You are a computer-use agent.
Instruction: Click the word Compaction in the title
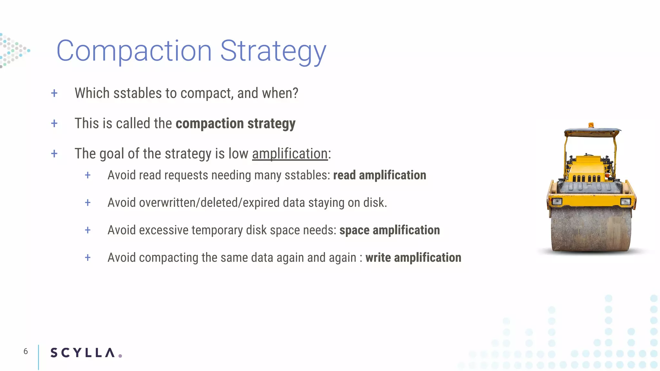134,51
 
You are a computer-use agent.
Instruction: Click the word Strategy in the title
273,52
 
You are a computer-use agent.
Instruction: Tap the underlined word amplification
290,154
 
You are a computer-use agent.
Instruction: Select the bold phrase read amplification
379,175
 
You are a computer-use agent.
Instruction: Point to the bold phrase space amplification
389,230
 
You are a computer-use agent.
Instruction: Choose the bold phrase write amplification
413,258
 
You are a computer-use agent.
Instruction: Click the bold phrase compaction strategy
235,124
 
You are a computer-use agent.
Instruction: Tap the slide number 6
26,351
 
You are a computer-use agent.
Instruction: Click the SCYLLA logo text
82,353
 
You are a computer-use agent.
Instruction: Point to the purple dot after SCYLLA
120,356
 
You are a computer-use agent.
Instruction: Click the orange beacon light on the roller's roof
591,125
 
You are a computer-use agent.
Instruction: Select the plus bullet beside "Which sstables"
54,93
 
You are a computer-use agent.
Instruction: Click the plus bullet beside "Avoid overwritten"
88,203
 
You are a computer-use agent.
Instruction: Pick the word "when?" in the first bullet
280,93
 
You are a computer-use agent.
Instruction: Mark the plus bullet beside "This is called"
54,123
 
